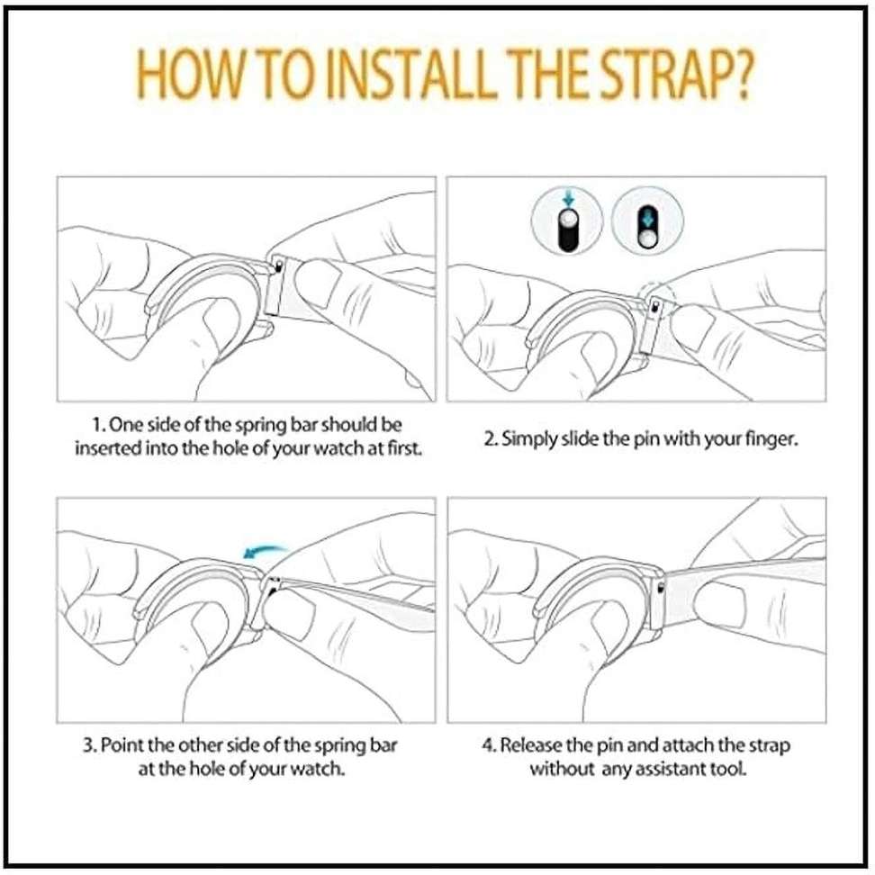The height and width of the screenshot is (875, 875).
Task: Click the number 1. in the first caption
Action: [101, 423]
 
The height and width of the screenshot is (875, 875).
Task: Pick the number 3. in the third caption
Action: [90, 745]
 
